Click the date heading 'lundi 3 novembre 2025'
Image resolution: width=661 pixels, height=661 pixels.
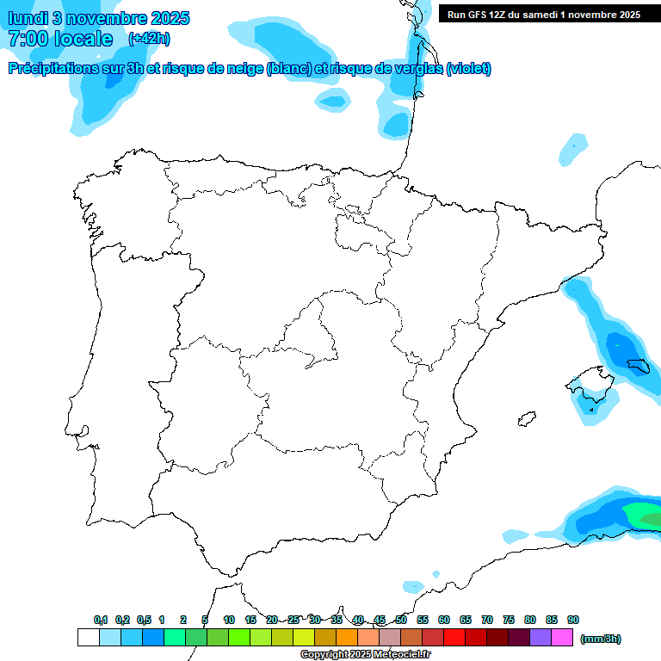[99, 18]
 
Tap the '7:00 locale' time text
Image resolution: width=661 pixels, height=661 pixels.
[60, 39]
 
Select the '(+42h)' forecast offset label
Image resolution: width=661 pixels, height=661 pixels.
[149, 39]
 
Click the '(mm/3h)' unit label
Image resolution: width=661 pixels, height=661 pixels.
[600, 639]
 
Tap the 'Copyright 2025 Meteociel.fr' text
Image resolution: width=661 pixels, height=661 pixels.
[365, 655]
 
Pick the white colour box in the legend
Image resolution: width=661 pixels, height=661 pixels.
[88, 637]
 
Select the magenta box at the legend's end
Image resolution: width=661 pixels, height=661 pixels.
[562, 637]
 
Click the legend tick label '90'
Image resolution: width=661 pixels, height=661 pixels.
[573, 620]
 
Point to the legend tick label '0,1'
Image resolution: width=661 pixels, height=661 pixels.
[101, 620]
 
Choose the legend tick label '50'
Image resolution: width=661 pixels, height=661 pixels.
[401, 620]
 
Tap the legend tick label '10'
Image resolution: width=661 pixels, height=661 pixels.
[229, 620]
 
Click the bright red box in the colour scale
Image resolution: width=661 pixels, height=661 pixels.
[454, 637]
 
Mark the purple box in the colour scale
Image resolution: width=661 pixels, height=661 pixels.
[541, 637]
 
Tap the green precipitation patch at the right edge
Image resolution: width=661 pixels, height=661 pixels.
[644, 516]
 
